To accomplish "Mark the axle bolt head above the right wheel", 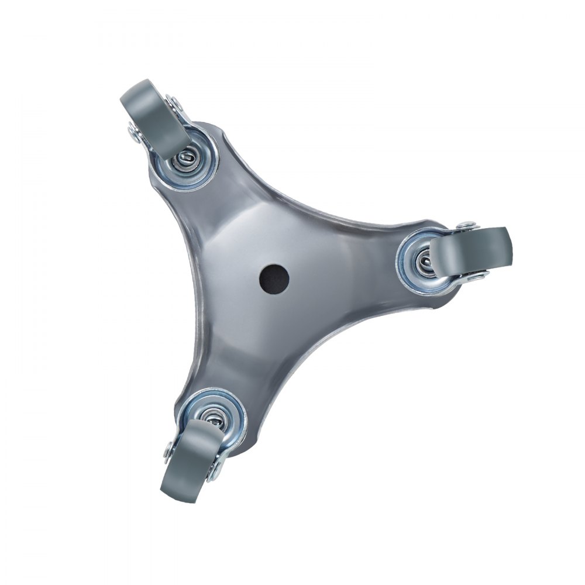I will pos(466,225).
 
